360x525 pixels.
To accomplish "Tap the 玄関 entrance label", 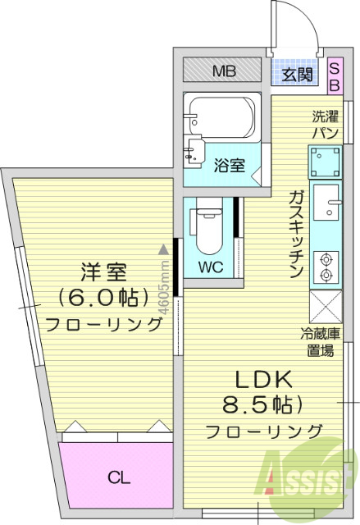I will (x=298, y=75).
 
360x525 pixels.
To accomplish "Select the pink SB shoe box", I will (x=335, y=75).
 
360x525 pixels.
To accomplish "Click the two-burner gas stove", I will (x=326, y=263).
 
